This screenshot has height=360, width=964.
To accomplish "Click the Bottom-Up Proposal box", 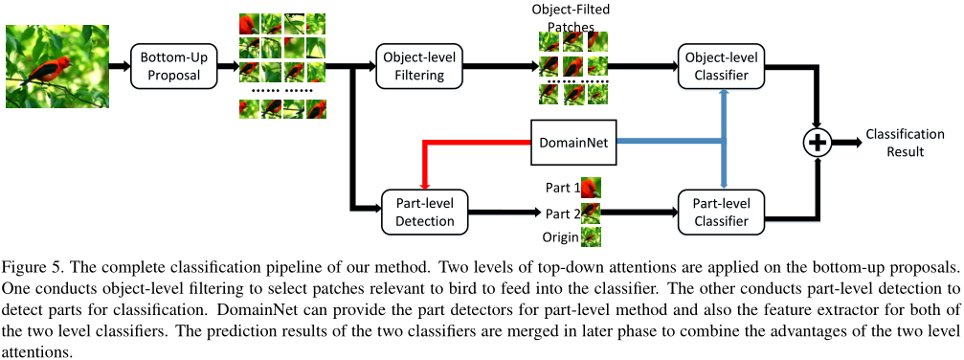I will pos(171,66).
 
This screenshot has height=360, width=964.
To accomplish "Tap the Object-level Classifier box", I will pos(721,66).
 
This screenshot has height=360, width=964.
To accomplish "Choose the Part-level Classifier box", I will pos(721,211).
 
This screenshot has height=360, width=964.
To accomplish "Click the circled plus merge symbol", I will pos(817,143).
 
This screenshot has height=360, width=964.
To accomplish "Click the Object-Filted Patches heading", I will pos(572,16).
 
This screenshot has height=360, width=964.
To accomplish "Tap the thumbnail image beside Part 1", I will pos(591,188).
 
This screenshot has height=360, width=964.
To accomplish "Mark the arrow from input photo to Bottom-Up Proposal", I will pos(118,66).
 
